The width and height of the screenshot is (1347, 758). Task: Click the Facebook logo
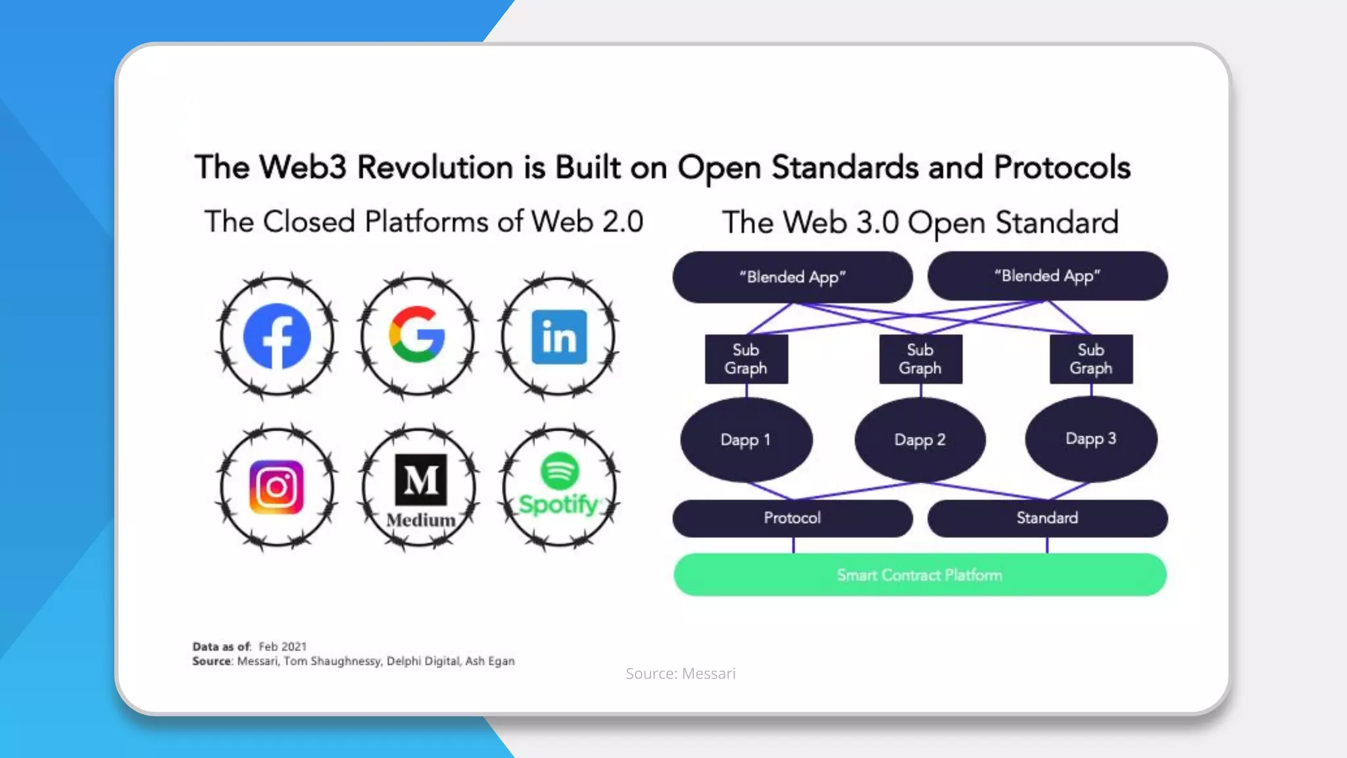point(277,336)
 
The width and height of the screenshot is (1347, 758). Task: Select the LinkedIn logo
point(559,337)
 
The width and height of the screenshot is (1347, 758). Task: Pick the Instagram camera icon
point(277,488)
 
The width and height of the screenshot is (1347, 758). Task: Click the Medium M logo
point(420,480)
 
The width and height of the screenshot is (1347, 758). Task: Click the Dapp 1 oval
point(746,440)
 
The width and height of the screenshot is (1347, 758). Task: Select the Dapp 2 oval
point(919,440)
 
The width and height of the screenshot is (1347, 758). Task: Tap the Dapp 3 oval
point(1090,439)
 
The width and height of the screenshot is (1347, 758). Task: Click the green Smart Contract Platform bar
point(919,575)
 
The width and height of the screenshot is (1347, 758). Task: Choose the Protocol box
point(793,518)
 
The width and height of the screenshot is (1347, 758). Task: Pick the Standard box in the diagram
point(1047,518)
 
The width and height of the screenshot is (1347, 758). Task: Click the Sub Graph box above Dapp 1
point(746,359)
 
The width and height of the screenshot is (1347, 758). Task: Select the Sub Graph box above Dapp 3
point(1090,359)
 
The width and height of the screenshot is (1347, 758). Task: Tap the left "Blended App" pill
point(793,277)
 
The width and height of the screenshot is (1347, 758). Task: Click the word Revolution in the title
point(435,167)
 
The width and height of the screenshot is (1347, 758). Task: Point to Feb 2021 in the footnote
point(282,647)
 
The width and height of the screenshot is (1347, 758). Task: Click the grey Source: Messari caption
point(681,674)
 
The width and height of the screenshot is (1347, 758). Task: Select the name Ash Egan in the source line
point(490,661)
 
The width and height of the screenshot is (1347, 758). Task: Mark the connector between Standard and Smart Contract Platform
point(1047,545)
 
